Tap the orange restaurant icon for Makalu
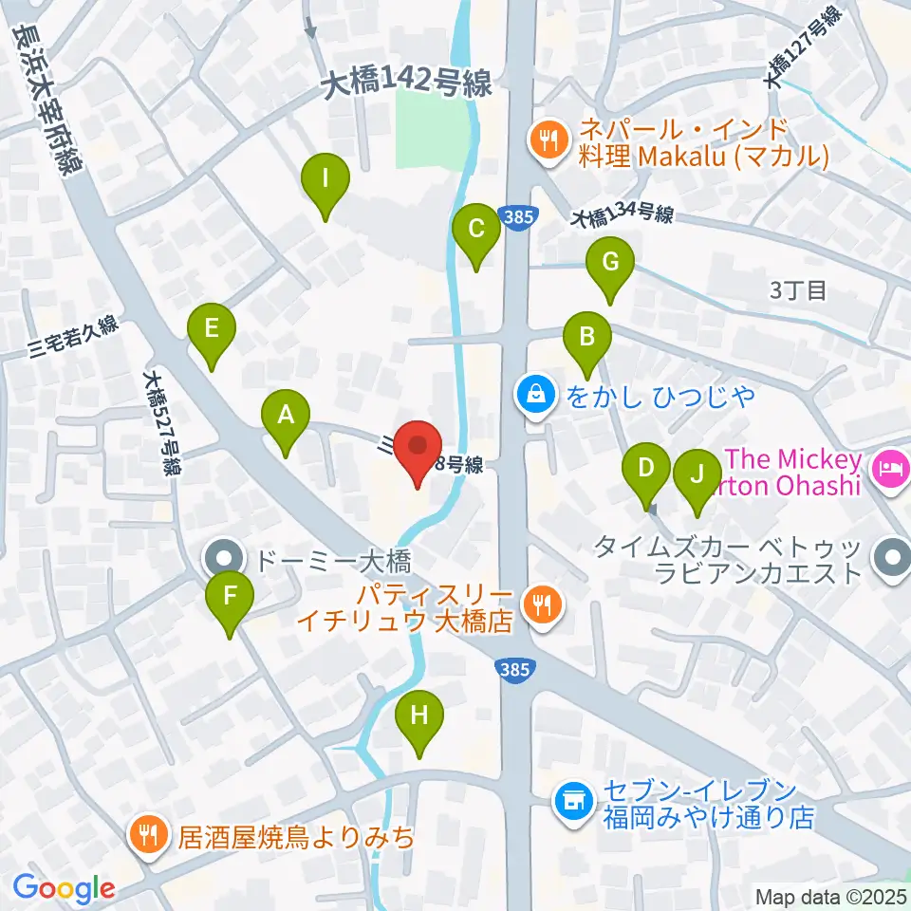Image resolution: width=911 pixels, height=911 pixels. click(x=548, y=140)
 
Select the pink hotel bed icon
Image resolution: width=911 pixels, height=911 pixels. click(x=889, y=467)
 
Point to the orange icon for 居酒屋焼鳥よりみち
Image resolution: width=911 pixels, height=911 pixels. click(x=148, y=835)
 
